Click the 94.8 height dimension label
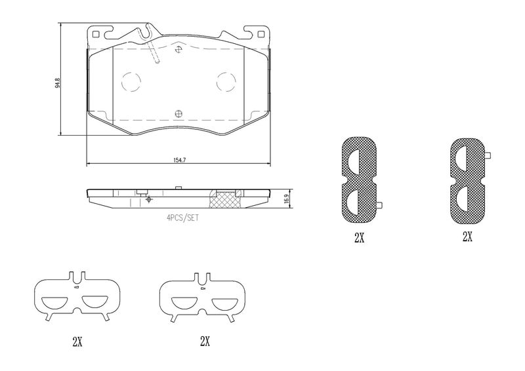[58, 83]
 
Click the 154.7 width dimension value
[179, 160]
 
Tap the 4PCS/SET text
[183, 218]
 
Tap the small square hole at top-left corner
[96, 34]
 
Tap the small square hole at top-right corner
[261, 34]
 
